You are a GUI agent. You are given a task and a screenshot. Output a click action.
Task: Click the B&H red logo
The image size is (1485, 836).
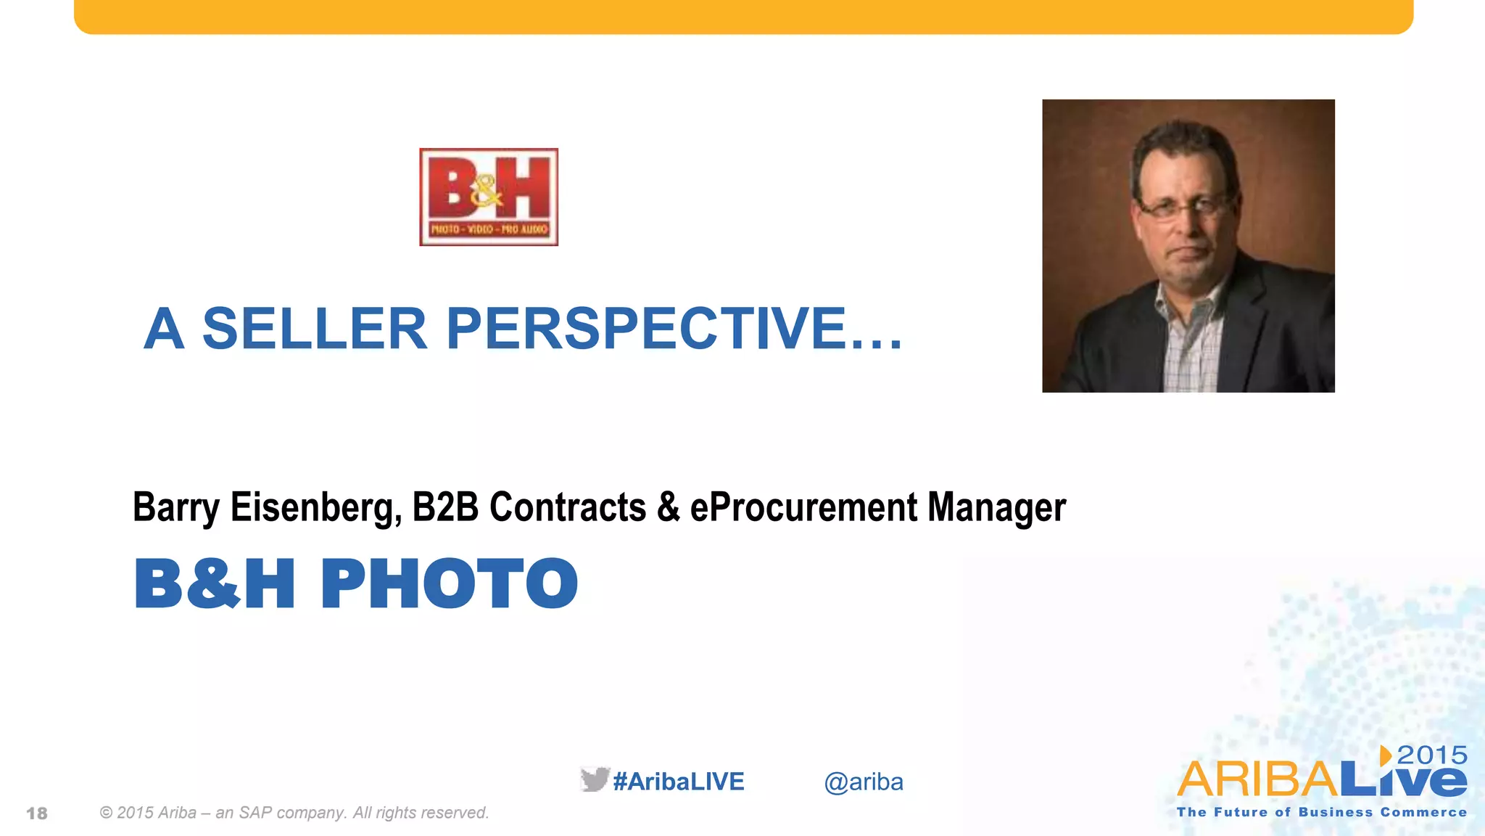489,197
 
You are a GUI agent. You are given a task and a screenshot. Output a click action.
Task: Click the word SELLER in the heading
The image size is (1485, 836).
314,329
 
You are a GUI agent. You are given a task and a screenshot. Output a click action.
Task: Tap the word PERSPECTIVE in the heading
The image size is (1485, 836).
645,329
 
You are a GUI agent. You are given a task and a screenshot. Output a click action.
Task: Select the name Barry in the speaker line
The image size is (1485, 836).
175,507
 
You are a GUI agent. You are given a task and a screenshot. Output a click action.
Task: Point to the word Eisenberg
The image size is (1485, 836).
315,507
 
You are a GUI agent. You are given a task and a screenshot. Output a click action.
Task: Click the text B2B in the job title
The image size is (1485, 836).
445,507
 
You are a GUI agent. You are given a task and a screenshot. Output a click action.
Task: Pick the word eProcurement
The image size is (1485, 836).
803,507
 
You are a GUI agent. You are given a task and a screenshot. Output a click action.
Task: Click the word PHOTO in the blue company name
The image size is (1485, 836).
449,584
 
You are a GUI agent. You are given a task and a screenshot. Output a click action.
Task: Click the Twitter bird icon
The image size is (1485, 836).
595,779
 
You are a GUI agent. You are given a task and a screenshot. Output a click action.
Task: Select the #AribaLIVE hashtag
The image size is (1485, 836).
679,782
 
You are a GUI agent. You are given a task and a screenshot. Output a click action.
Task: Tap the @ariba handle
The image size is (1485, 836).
864,782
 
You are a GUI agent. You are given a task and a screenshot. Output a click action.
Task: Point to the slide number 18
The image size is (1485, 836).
37,814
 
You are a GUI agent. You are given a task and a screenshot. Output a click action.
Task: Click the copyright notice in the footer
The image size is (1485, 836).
294,813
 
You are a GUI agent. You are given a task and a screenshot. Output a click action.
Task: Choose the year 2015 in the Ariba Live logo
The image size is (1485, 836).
1432,755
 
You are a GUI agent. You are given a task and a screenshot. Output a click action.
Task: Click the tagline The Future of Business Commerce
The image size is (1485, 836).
1321,813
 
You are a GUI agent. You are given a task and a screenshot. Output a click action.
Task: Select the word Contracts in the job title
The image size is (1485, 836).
568,507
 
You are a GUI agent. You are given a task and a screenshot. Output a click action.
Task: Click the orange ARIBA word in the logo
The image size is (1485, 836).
1257,780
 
